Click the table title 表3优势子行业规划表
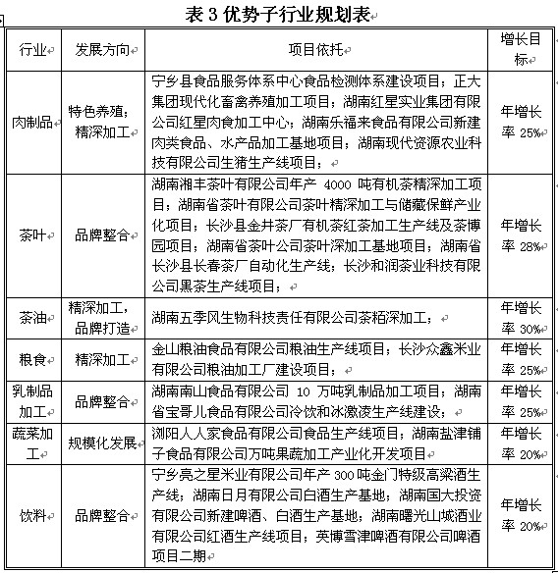278,15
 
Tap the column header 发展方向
101,49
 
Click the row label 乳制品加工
33,400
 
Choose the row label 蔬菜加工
33,443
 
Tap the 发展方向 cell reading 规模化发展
101,443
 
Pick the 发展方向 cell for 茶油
101,317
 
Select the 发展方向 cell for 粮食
101,359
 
